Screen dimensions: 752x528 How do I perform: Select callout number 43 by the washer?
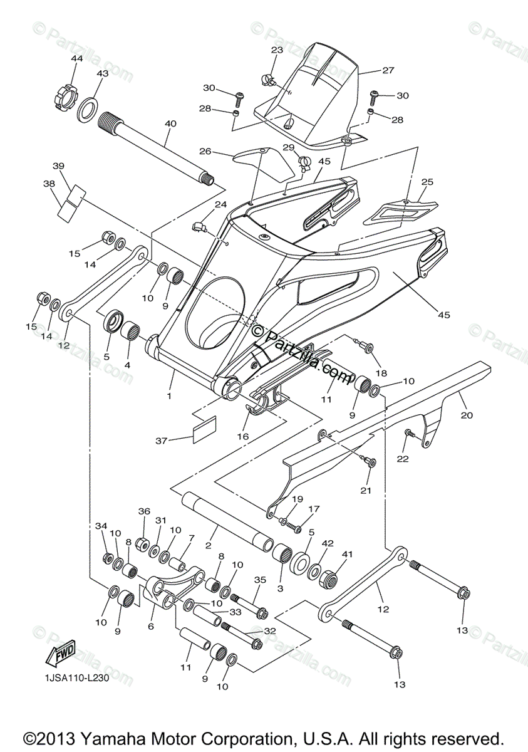pos(102,73)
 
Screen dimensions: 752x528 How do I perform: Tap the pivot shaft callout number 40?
pos(170,124)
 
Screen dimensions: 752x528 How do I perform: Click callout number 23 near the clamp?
pos(277,50)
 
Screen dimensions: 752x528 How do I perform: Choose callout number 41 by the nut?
pos(346,554)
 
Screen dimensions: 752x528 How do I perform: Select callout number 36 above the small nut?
pos(145,511)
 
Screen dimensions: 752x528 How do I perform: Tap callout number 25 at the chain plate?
pos(427,182)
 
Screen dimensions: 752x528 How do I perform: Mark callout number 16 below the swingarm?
pos(242,436)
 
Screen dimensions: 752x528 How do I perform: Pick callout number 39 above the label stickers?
pos(58,165)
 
